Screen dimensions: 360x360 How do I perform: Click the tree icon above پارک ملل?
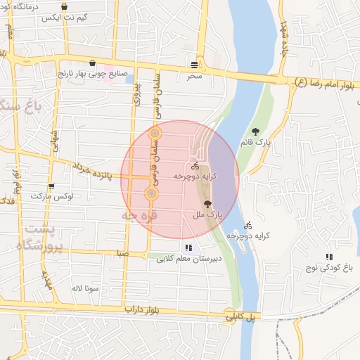click(206, 202)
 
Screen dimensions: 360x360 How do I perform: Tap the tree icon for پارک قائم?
click(255, 131)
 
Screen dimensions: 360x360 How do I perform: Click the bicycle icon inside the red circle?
click(195, 166)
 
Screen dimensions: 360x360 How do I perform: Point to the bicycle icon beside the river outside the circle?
click(247, 226)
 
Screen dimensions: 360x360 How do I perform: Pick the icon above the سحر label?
click(193, 64)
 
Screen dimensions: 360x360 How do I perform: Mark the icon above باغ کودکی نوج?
click(328, 257)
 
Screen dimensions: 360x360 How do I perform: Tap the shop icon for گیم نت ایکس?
click(65, 8)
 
